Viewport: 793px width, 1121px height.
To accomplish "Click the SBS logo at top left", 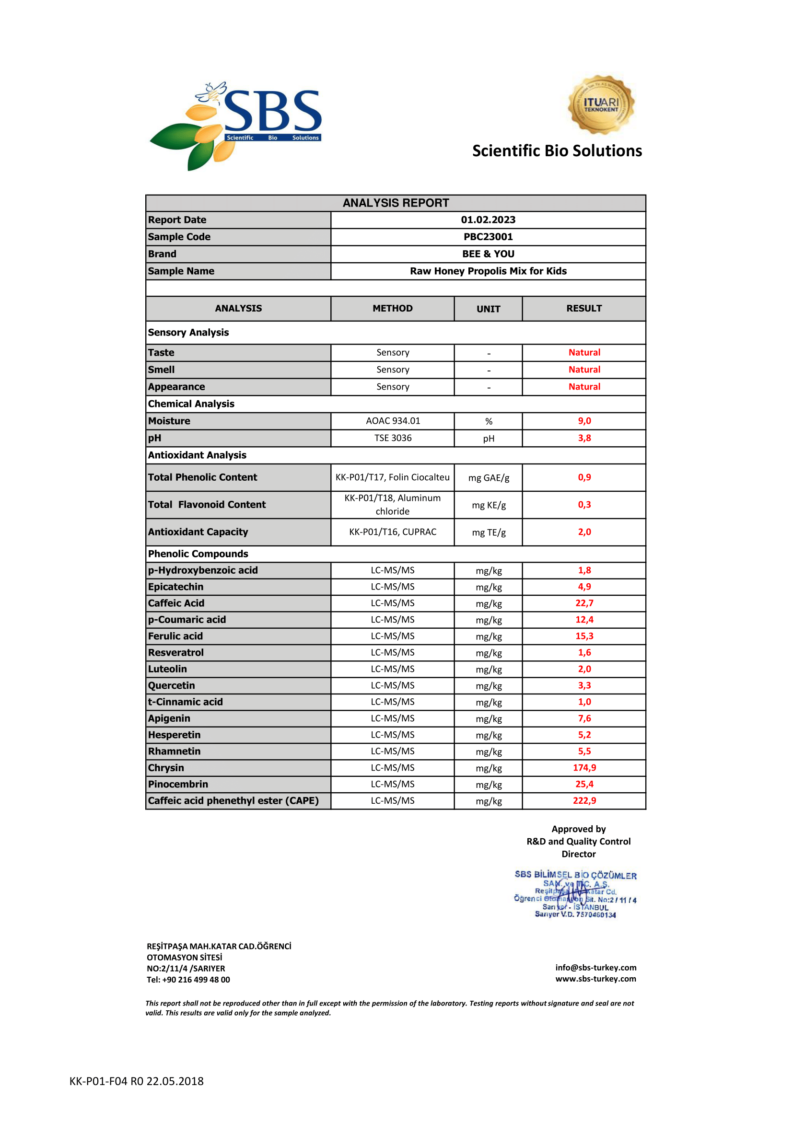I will (x=236, y=126).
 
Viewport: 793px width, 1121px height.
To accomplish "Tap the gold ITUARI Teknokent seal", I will (x=601, y=104).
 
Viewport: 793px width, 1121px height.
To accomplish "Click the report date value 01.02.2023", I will (x=488, y=220).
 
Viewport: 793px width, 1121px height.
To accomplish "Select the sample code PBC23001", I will (x=488, y=237).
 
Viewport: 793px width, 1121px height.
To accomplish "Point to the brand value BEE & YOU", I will (x=488, y=254).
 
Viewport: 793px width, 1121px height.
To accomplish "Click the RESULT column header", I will (x=583, y=309).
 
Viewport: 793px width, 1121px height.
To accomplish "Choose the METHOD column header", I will (x=392, y=309).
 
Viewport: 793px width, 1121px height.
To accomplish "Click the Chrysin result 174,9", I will (x=584, y=767).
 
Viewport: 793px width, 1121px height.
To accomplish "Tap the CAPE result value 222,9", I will (x=584, y=800).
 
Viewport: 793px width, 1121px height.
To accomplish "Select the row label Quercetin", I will (x=171, y=685).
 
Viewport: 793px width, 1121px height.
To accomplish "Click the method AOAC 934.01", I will (x=393, y=421).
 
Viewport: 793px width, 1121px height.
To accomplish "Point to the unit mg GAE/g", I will (x=488, y=477).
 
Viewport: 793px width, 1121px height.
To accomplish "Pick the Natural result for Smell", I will (x=584, y=370).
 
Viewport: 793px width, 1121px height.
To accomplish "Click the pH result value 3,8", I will (x=584, y=438).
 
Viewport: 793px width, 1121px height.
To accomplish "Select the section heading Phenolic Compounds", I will (x=198, y=554).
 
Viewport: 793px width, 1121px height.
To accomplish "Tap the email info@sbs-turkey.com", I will (x=595, y=967).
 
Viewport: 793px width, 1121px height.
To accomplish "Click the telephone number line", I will (x=188, y=980).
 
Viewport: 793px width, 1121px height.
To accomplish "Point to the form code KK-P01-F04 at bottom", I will (x=136, y=1081).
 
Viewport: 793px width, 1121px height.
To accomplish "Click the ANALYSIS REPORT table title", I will (x=396, y=203).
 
